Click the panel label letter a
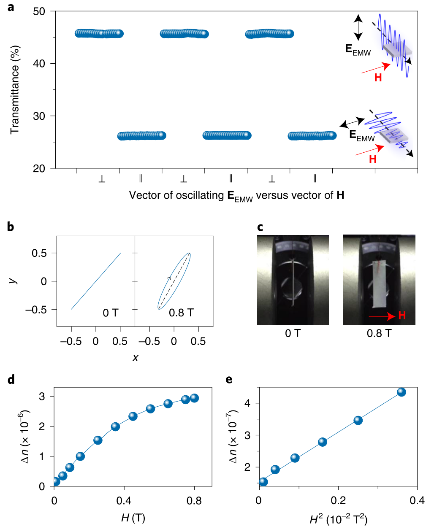click(x=11, y=7)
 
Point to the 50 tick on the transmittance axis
click(x=39, y=11)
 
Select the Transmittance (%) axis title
click(x=15, y=90)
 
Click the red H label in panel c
click(x=402, y=316)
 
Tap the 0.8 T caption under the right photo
click(x=379, y=334)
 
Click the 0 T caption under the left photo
click(x=293, y=334)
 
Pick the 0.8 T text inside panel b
click(x=181, y=313)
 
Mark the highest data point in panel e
click(x=401, y=392)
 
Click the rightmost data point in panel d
click(x=194, y=398)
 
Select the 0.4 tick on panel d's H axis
click(x=124, y=501)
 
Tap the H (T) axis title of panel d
click(x=133, y=518)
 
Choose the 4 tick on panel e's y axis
click(x=247, y=403)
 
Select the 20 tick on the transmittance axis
click(x=39, y=169)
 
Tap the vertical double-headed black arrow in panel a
click(x=358, y=27)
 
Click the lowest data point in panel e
click(x=263, y=482)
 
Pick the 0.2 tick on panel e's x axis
click(x=338, y=501)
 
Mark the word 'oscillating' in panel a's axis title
click(x=200, y=195)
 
